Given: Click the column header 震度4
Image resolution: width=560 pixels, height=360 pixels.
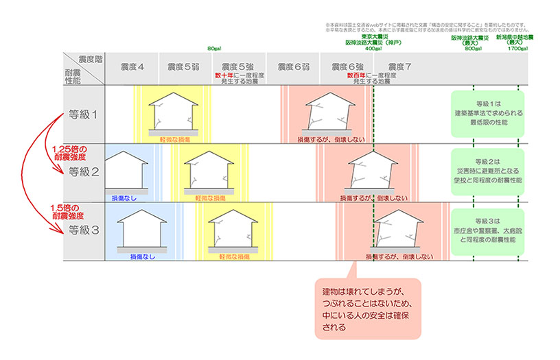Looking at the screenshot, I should [131, 67].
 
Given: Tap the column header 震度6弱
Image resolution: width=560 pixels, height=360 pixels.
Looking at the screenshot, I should [294, 67].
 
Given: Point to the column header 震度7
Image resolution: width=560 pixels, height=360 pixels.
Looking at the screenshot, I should [399, 67].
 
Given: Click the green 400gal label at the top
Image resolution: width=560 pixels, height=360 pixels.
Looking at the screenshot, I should [373, 49].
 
